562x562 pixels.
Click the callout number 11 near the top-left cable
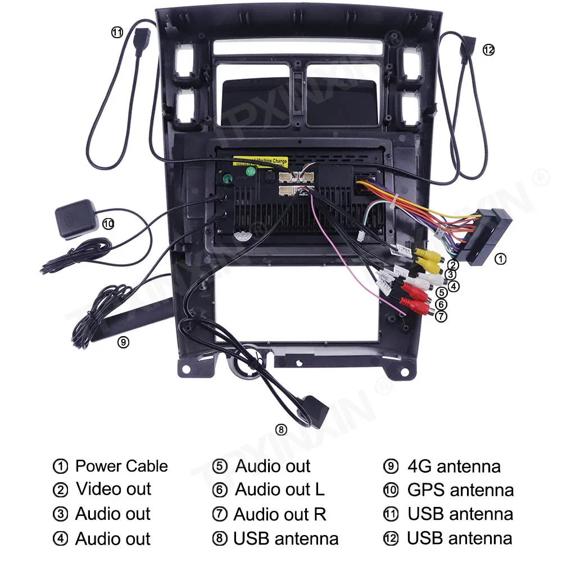pyautogui.click(x=116, y=33)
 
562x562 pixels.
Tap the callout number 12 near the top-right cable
pyautogui.click(x=488, y=50)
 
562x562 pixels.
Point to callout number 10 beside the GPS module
pyautogui.click(x=108, y=224)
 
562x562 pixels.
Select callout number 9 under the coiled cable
pyautogui.click(x=124, y=342)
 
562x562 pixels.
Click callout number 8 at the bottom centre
pyautogui.click(x=281, y=430)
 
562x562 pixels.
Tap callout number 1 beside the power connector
pyautogui.click(x=500, y=259)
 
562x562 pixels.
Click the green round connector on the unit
pyautogui.click(x=228, y=180)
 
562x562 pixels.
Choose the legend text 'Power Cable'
pyautogui.click(x=121, y=466)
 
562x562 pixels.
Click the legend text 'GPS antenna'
pyautogui.click(x=460, y=490)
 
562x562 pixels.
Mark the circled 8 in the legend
pyautogui.click(x=220, y=540)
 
